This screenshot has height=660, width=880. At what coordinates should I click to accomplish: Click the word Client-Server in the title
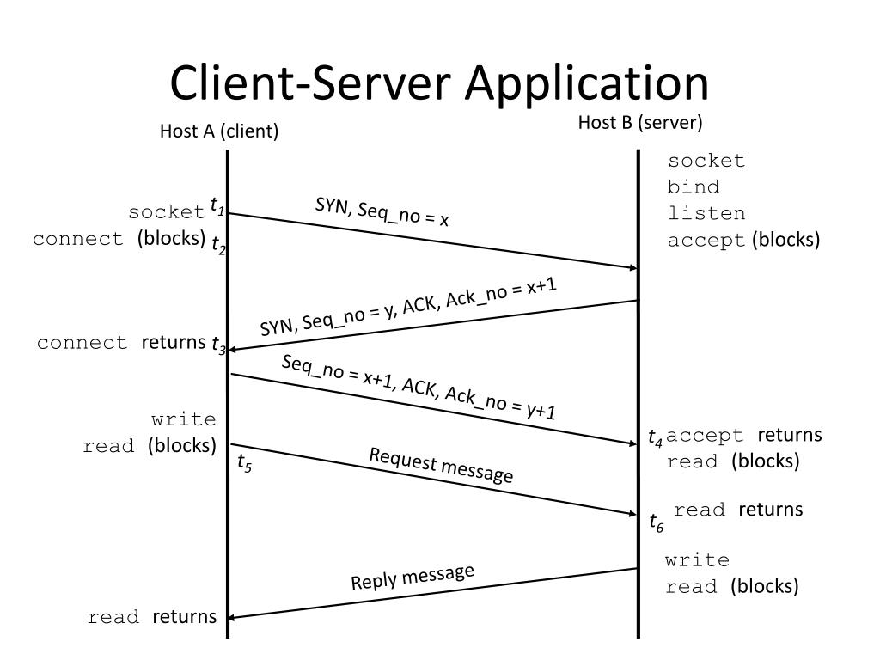click(310, 82)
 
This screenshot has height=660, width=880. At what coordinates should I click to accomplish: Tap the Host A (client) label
click(219, 131)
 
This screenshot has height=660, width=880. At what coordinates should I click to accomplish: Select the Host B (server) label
click(639, 122)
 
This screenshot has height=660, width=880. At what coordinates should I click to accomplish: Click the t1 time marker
click(217, 205)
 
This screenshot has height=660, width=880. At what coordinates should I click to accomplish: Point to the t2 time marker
click(218, 245)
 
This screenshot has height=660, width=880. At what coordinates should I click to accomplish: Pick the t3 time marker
click(218, 344)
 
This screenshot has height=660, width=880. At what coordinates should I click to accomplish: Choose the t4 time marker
click(655, 437)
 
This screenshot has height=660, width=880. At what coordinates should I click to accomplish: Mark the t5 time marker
click(244, 463)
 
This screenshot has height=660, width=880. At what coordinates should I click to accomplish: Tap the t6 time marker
click(656, 522)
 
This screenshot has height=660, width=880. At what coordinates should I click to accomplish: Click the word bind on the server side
click(694, 186)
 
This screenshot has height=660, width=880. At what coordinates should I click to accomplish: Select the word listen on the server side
click(706, 213)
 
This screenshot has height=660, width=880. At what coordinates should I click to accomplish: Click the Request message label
click(441, 466)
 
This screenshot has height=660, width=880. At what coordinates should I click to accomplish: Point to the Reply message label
click(412, 577)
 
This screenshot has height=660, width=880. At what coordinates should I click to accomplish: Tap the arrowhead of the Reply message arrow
click(232, 617)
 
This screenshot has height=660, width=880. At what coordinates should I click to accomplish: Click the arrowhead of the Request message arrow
click(633, 513)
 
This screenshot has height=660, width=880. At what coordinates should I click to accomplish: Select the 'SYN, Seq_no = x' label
click(382, 212)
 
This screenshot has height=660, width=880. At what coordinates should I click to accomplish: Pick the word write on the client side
click(184, 419)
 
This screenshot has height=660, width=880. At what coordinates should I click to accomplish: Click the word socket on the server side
click(706, 161)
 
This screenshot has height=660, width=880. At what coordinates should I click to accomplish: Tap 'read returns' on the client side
click(152, 617)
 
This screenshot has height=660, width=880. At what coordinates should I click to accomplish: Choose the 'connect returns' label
click(121, 342)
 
